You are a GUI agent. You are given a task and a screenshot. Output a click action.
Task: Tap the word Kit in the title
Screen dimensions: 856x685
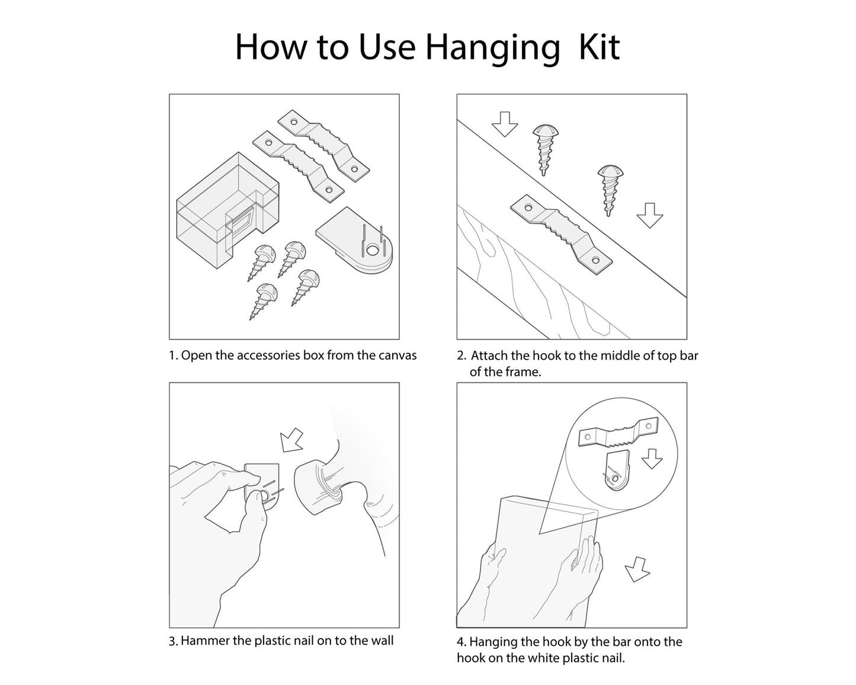coord(599,47)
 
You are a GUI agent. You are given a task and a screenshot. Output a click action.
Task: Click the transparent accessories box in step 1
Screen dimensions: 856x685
coord(227,210)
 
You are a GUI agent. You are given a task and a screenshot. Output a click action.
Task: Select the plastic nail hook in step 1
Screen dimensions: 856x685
coord(354,241)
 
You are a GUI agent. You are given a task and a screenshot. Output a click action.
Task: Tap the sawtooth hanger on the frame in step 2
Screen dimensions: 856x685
coord(561,235)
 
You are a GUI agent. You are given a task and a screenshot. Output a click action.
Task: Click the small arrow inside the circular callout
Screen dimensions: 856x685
coord(652,459)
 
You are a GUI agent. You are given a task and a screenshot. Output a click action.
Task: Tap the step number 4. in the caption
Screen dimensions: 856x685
coord(461,642)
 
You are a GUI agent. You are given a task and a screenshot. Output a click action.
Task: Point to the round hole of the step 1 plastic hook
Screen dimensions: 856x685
coord(373,251)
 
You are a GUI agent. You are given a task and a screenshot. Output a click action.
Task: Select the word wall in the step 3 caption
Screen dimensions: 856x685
coord(382,641)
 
